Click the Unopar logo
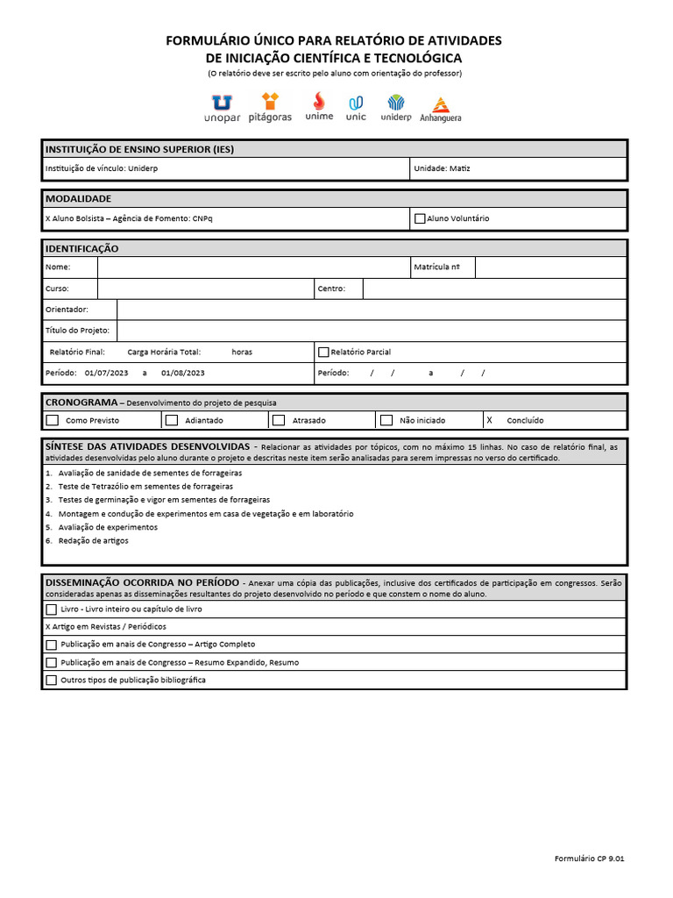point(222,108)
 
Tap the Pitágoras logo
point(270,108)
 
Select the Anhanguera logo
point(440,109)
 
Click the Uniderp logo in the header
point(396,108)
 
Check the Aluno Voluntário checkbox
point(420,218)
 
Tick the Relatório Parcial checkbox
point(323,352)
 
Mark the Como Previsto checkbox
point(53,420)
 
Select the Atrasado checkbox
point(279,420)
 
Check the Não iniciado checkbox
point(386,420)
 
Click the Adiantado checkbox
point(172,420)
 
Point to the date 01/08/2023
point(183,373)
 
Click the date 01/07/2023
point(106,373)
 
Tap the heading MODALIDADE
point(79,198)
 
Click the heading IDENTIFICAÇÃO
point(81,249)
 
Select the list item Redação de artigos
point(93,541)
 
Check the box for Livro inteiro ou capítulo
point(51,609)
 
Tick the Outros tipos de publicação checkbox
point(51,680)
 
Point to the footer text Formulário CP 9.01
point(590,859)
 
